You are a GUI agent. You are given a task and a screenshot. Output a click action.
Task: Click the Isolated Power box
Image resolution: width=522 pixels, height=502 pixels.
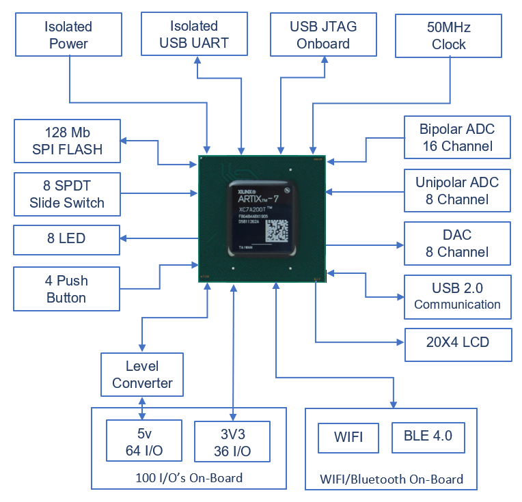click(x=68, y=36)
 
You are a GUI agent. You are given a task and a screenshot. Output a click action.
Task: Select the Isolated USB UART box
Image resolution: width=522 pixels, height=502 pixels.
click(x=193, y=36)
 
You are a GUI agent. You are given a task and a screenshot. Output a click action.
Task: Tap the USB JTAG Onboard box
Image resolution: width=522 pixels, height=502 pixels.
click(x=323, y=36)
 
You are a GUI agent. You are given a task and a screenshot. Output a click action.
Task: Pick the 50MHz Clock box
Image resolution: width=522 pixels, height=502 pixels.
click(x=449, y=36)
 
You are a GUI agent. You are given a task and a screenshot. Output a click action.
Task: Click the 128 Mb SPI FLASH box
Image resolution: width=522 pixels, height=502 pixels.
click(x=67, y=141)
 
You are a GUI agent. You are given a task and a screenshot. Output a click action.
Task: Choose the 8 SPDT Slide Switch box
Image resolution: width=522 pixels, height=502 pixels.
click(x=67, y=194)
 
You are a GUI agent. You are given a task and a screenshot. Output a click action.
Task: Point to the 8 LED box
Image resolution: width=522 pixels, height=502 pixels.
click(x=67, y=239)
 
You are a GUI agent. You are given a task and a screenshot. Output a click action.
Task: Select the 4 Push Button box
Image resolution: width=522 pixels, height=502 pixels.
click(x=67, y=289)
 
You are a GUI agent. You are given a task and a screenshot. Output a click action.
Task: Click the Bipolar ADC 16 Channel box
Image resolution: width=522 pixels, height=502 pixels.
click(x=456, y=137)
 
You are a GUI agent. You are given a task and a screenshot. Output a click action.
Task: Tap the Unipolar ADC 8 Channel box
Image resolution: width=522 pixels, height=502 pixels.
click(x=456, y=191)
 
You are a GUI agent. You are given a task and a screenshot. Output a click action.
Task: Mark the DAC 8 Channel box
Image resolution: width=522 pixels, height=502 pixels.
click(x=456, y=243)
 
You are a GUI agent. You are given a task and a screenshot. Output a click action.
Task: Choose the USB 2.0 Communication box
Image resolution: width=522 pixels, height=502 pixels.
click(x=456, y=296)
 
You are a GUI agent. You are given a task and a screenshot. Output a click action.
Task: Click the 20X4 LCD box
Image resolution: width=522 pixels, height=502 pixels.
click(x=458, y=342)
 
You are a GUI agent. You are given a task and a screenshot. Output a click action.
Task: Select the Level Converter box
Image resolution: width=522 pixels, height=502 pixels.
click(x=142, y=374)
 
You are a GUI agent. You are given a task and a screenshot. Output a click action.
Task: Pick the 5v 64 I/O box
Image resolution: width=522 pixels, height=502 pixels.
click(x=144, y=443)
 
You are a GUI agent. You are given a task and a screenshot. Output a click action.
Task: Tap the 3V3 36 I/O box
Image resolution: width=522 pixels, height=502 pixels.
click(x=232, y=443)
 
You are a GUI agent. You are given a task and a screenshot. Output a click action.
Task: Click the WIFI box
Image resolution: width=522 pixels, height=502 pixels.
click(x=348, y=436)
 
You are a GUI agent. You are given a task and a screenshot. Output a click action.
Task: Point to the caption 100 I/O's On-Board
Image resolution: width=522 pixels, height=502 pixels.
click(x=189, y=477)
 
